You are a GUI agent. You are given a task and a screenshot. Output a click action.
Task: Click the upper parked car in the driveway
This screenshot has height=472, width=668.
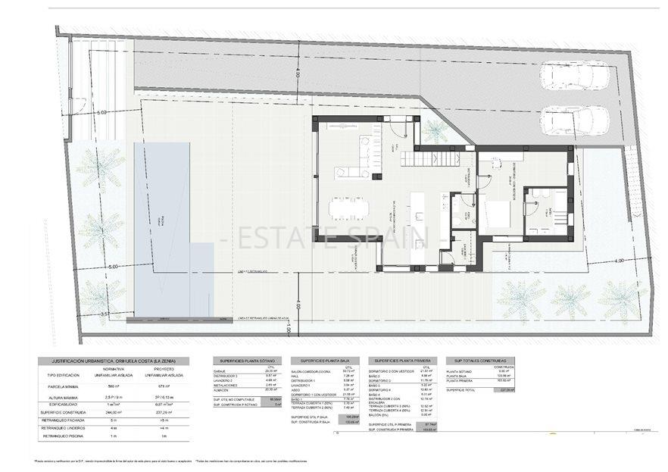click(576, 76)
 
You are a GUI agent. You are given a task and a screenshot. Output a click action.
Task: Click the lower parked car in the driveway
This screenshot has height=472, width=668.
click(575, 120)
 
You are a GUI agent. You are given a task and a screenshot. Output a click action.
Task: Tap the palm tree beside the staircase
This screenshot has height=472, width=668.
click(435, 130)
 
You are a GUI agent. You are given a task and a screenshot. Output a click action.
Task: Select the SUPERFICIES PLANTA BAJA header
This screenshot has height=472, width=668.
click(323, 361)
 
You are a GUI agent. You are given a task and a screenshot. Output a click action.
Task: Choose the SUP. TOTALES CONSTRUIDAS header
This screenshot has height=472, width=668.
click(479, 361)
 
